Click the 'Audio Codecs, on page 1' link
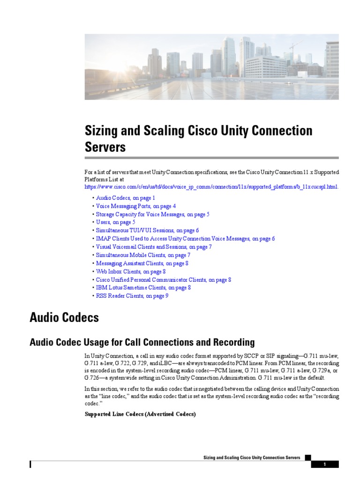point(125,198)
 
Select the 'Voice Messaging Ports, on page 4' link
point(136,206)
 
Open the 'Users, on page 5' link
point(115,222)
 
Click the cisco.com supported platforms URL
point(211,187)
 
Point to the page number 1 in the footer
point(324,465)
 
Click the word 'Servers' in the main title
point(105,147)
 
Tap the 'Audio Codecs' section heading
point(64,318)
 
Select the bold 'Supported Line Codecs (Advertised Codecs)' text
point(139,414)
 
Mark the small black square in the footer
point(307,457)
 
